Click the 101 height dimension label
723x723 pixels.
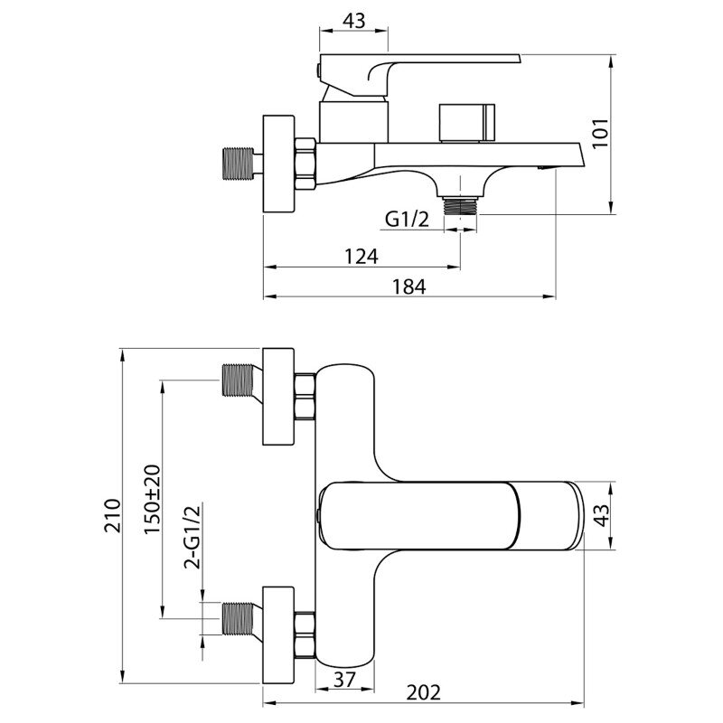tap(601, 134)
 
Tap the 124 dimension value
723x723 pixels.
tap(361, 257)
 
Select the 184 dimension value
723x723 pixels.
tap(409, 286)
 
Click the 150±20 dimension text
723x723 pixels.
tap(153, 500)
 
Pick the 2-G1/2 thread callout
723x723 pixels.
tap(192, 537)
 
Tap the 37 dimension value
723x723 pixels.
tap(344, 680)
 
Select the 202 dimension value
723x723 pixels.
tap(423, 692)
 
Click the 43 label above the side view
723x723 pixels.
tap(353, 21)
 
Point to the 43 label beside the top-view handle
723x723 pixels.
tap(601, 515)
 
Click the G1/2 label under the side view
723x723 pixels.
tap(407, 220)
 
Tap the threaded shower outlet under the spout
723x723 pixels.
tap(460, 206)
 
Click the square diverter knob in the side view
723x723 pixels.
tap(467, 123)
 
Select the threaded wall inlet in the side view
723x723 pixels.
tap(238, 164)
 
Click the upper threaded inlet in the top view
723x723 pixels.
tap(238, 380)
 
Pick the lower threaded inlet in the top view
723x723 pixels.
tap(238, 618)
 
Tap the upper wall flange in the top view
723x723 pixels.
tap(278, 397)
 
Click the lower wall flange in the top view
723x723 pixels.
tap(278, 635)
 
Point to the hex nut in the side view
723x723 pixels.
tap(305, 164)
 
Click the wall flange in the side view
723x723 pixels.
tap(278, 164)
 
